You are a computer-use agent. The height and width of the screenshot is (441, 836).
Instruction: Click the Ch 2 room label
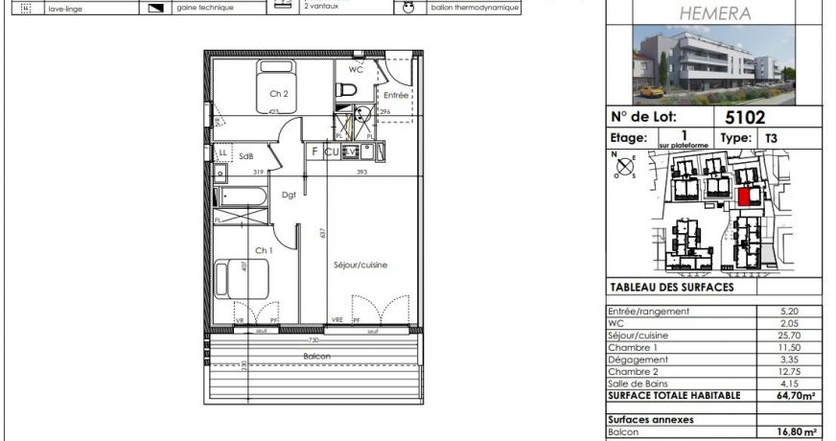279,94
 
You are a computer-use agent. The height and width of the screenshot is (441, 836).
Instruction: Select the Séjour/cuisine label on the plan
360,266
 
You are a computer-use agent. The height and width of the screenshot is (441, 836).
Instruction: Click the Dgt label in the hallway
289,195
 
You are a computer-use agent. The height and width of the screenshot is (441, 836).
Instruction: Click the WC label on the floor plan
356,70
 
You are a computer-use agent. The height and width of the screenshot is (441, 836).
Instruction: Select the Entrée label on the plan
396,96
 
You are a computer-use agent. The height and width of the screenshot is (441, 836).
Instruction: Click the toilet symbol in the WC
347,89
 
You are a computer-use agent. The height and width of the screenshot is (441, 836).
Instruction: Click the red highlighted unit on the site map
744,197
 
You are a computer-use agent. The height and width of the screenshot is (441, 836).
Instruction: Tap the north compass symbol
625,166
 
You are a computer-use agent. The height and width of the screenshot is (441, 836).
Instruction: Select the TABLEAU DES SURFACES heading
671,287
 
